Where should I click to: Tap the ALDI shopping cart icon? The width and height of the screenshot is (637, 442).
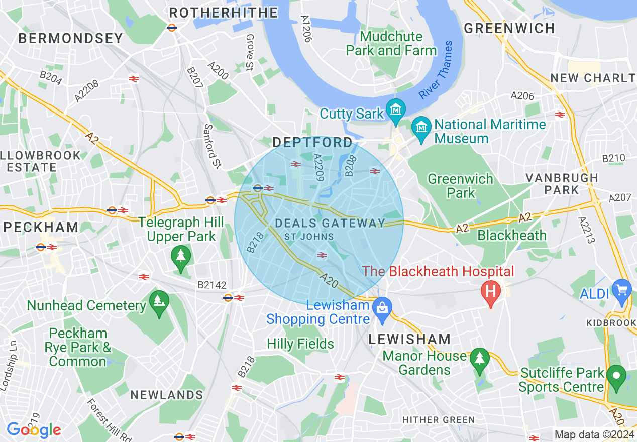621,290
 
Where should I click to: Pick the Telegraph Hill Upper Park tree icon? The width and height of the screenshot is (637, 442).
181,256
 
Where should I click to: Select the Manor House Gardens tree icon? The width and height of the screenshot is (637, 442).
480,359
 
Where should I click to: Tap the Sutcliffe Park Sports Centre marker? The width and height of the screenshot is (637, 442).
616,376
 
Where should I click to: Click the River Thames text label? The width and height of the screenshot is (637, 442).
436,71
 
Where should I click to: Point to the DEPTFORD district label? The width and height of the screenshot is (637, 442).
312,143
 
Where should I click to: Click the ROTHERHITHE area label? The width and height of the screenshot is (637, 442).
224,13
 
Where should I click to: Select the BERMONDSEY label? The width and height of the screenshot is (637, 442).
71,38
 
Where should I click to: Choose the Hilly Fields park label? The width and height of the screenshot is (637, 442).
300,344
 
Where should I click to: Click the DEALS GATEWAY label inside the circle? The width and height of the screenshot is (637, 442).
330,224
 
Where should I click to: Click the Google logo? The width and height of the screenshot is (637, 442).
34,430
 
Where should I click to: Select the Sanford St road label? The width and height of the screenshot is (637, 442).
213,146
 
